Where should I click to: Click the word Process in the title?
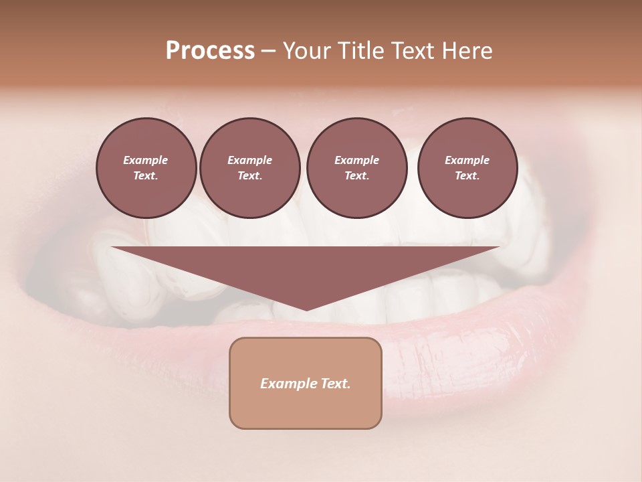coord(210,51)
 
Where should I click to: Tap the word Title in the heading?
coord(360,51)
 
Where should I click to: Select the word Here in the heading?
coord(465,51)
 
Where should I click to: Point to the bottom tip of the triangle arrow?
coord(306,309)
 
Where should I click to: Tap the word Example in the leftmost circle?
coord(146,160)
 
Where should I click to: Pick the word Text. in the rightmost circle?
coord(467,175)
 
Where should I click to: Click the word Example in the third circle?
coord(356,160)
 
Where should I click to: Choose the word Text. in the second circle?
coord(250,175)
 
